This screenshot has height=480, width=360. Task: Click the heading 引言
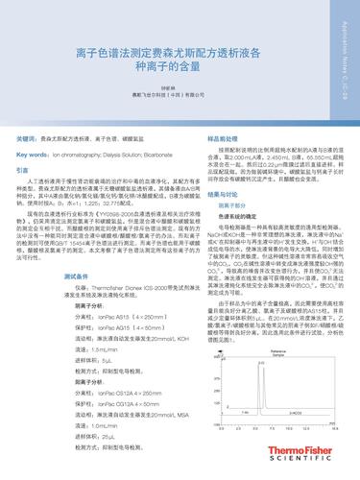(24, 169)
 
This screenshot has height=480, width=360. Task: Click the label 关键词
(30, 139)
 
